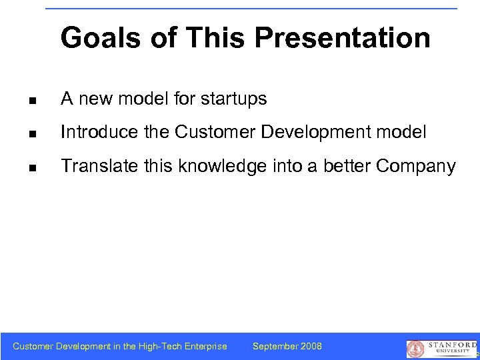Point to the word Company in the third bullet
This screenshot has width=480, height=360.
coord(416,167)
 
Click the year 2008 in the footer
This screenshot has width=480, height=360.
coord(311,346)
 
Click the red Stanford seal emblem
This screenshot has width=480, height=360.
coord(415,349)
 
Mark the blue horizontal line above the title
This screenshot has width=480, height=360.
coord(251,9)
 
